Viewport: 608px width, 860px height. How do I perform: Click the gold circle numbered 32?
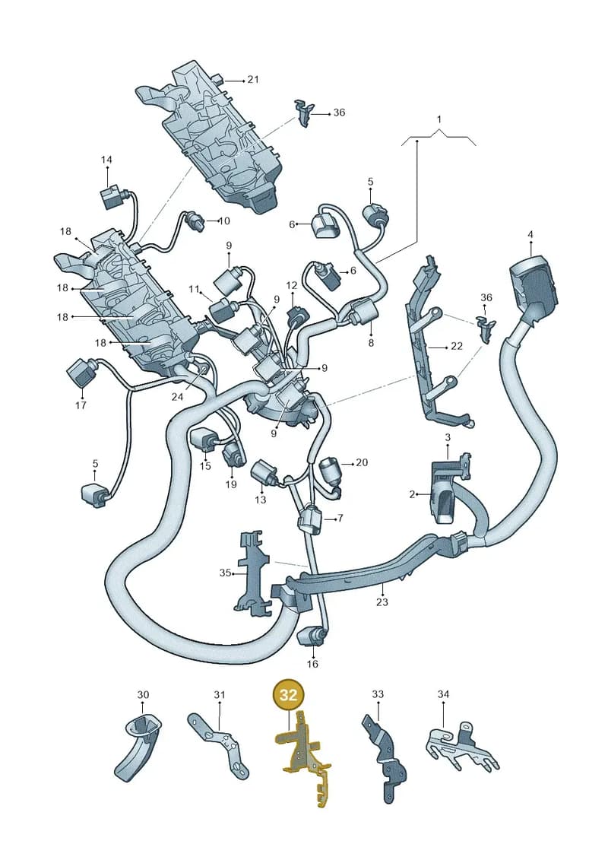click(x=288, y=695)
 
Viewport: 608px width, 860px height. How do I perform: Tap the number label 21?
click(x=252, y=80)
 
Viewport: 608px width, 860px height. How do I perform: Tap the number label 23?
click(x=382, y=602)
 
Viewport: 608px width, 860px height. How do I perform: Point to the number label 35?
click(x=225, y=573)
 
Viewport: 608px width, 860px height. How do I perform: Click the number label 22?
click(x=456, y=346)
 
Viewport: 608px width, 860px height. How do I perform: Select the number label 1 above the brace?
click(x=439, y=119)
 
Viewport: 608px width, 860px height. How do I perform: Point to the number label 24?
click(x=176, y=397)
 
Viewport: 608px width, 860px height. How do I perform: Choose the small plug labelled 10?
click(x=194, y=221)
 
